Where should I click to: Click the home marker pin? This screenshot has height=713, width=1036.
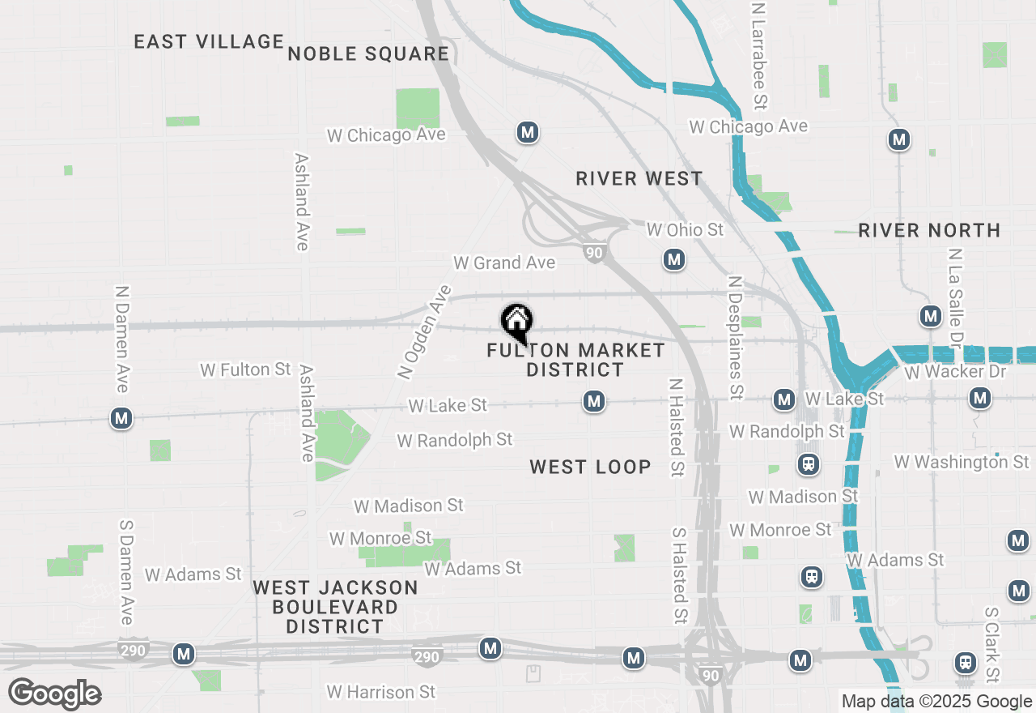[516, 322]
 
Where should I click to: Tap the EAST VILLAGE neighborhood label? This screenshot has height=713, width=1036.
[209, 41]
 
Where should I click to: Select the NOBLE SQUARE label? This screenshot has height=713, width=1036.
[368, 53]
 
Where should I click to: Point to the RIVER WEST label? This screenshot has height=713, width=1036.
[639, 178]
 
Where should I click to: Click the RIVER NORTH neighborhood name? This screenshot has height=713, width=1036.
[929, 230]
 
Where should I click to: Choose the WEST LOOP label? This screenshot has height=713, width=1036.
[590, 467]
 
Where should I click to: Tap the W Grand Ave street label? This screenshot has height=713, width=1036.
[504, 263]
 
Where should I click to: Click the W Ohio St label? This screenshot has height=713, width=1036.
[685, 230]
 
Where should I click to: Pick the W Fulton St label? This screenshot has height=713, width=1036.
[245, 369]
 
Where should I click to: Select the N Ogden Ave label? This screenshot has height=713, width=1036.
[423, 332]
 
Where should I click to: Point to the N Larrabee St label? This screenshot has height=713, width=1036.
[758, 55]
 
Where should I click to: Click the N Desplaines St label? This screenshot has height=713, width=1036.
[735, 337]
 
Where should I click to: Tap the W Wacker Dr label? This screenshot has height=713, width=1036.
[955, 372]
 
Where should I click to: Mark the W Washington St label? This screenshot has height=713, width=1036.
[962, 462]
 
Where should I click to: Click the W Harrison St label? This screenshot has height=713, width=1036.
[381, 692]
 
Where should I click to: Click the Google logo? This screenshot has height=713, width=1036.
[54, 694]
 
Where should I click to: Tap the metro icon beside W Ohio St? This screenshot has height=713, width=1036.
[674, 260]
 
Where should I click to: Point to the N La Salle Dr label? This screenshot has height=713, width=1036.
[956, 295]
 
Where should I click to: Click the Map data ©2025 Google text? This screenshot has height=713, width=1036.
[936, 702]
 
